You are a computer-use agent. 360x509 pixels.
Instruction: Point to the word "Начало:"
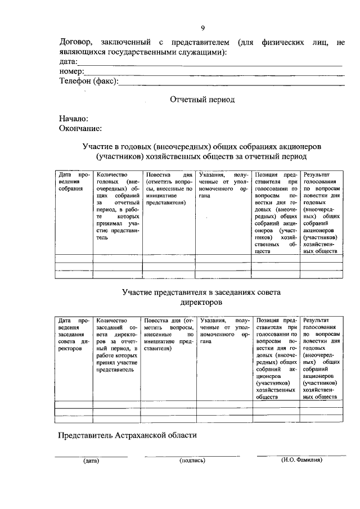click(74, 119)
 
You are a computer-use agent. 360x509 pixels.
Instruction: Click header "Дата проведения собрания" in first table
click(74, 182)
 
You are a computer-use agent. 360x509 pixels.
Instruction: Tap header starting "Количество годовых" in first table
click(118, 206)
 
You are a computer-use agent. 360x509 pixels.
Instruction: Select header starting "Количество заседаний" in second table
click(118, 345)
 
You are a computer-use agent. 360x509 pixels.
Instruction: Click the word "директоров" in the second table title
click(202, 301)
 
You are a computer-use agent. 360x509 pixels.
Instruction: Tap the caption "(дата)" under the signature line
click(91, 461)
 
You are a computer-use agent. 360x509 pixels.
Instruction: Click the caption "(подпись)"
click(192, 461)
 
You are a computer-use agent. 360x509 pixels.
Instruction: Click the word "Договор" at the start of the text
click(78, 42)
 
